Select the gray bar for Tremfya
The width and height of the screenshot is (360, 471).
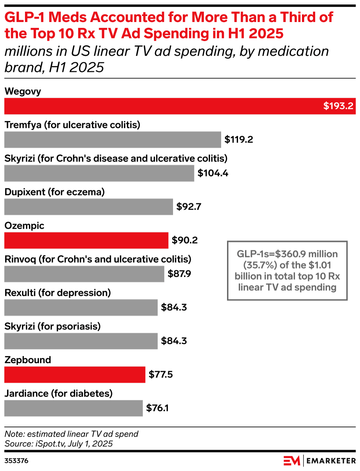(x=112, y=140)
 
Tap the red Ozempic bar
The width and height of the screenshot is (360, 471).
(x=86, y=240)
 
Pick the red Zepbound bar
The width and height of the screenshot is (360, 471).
(x=75, y=374)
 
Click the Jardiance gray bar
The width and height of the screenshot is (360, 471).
(x=73, y=408)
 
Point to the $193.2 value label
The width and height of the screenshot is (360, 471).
(x=338, y=106)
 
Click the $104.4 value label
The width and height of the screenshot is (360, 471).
(x=213, y=173)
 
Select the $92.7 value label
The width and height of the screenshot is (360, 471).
(x=188, y=207)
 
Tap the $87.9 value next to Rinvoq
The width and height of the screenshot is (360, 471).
(x=179, y=274)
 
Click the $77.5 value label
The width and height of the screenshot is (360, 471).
(x=161, y=374)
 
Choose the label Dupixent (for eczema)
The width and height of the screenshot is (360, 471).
(x=54, y=192)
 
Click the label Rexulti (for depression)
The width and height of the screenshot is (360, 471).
(x=57, y=293)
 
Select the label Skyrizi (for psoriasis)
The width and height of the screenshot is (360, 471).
(x=52, y=326)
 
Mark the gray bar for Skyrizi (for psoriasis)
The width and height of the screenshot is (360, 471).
(x=81, y=341)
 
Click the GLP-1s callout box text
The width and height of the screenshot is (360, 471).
(x=287, y=271)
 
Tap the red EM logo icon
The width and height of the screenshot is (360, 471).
(x=292, y=460)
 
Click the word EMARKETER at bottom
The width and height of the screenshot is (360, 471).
(x=331, y=461)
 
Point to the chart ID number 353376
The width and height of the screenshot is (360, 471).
(x=16, y=461)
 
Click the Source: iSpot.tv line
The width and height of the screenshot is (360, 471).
(x=58, y=443)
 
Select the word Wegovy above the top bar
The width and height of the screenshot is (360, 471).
(x=23, y=91)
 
